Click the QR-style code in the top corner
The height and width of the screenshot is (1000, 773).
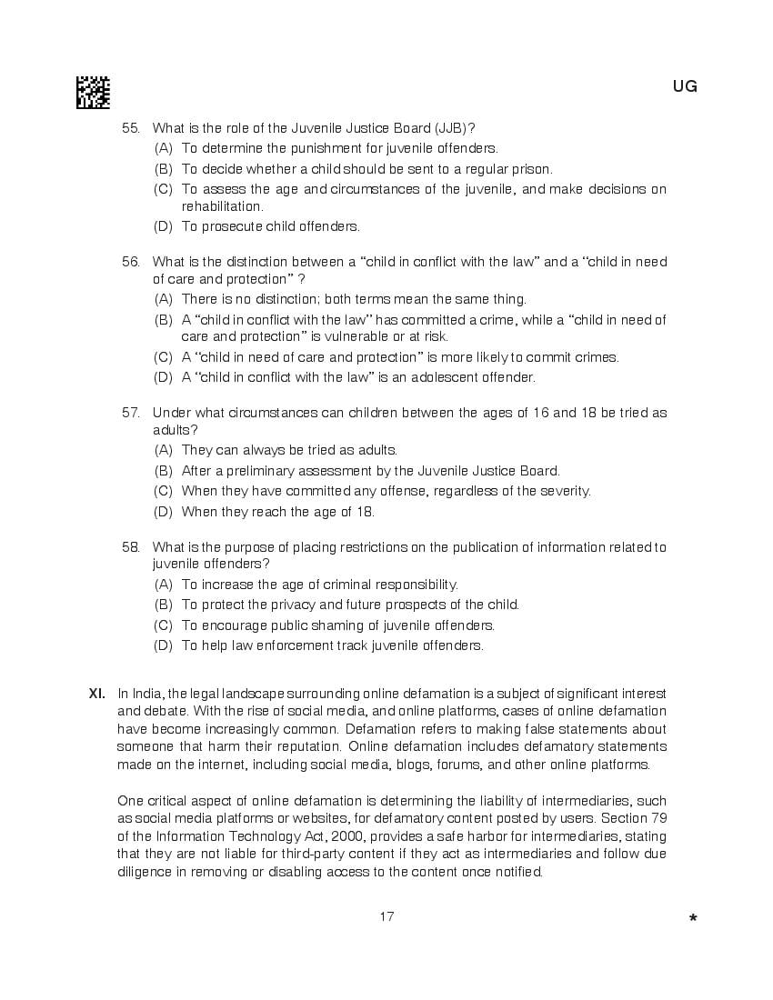click(x=93, y=92)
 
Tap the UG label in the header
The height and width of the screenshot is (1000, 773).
click(x=685, y=86)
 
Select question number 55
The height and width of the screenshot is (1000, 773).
click(x=131, y=128)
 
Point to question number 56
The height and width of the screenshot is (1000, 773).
click(x=131, y=262)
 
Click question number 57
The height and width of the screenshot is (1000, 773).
click(x=131, y=413)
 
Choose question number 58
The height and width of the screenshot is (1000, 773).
click(x=131, y=547)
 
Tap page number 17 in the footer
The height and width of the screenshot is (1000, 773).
click(x=386, y=916)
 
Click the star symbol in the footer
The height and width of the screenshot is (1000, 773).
click(x=693, y=919)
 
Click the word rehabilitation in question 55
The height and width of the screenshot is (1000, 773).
click(x=222, y=207)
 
